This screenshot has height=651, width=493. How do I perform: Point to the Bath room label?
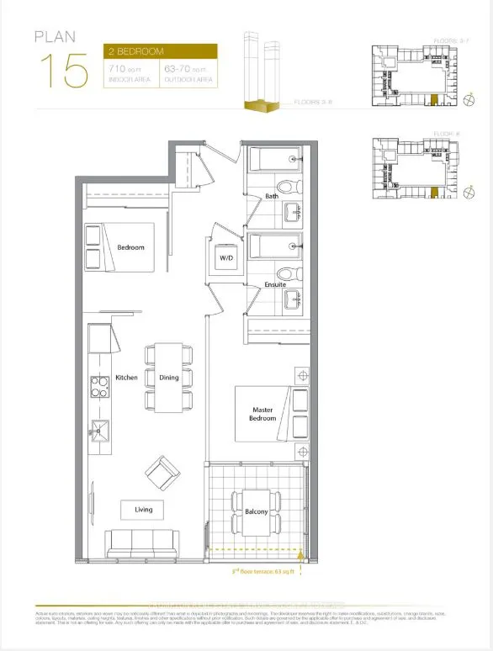271,196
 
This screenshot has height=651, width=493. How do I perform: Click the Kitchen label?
127,378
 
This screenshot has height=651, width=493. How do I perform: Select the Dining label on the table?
169,378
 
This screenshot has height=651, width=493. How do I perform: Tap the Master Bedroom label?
263,414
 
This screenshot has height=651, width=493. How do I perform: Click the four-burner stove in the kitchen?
99,389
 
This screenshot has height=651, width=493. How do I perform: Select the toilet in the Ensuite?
284,274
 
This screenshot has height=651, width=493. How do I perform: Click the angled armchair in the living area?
162,474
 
